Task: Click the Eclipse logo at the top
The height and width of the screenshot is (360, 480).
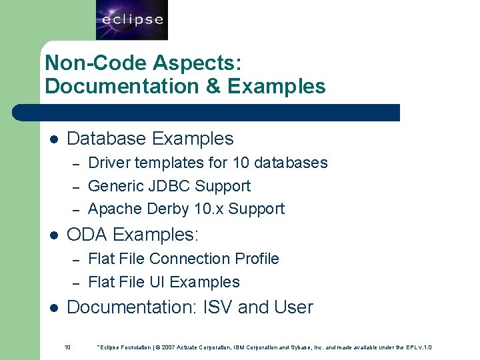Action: [x=132, y=20]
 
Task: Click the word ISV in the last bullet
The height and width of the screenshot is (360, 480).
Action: [x=217, y=307]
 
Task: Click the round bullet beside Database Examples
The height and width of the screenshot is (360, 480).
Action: [x=54, y=139]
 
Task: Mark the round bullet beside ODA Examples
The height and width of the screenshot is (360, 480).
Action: [x=54, y=235]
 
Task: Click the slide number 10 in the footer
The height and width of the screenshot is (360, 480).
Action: [x=67, y=347]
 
